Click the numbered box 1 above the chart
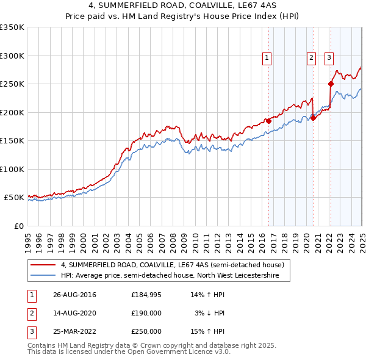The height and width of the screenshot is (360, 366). point(267,58)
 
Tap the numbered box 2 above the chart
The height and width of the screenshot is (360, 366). point(311,58)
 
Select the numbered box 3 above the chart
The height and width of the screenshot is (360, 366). point(329,58)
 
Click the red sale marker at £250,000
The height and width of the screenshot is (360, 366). point(331,84)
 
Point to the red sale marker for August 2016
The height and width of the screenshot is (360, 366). point(268,121)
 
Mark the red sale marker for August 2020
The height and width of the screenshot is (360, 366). point(313,118)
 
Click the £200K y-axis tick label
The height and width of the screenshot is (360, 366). point(12,112)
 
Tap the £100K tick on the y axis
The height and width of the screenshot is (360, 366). point(12,169)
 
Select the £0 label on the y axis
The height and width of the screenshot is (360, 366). point(18,226)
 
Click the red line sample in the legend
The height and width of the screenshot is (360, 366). point(44,265)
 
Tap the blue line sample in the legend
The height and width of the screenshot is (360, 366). point(44,275)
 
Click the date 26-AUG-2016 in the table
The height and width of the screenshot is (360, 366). point(74,295)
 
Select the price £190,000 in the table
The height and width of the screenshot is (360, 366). point(146,313)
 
